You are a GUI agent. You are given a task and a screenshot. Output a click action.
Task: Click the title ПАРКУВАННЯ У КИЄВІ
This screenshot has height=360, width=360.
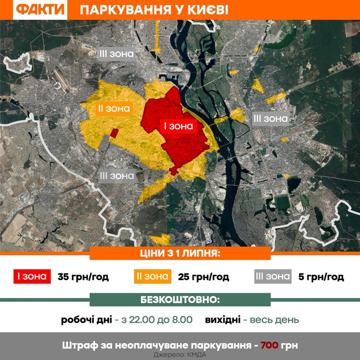[x=153, y=10]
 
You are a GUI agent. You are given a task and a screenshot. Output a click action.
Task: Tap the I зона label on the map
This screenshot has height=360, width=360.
[x=178, y=126]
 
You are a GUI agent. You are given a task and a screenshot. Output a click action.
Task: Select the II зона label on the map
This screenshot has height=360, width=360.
[x=112, y=108]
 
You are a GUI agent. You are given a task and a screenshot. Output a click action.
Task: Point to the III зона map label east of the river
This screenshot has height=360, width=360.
[x=270, y=118]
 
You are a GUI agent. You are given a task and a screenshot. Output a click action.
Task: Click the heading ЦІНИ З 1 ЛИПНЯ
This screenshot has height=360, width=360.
[x=180, y=253]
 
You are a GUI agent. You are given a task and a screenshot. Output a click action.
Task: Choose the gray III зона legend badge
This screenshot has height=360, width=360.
[x=272, y=277]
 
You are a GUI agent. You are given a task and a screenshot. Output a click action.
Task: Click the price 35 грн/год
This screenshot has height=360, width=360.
[x=83, y=277]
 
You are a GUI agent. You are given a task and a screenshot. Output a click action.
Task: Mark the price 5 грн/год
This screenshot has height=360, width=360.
[x=321, y=277]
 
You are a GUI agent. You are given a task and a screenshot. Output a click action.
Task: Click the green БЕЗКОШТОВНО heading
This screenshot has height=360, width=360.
[x=180, y=299]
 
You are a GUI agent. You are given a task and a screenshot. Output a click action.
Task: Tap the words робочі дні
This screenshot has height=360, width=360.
[x=86, y=320]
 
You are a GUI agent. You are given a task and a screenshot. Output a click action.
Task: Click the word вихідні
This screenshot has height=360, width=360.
[x=222, y=320]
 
